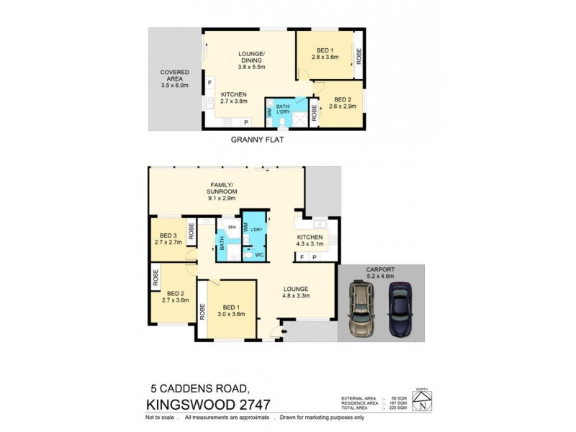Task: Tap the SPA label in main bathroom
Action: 232,227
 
